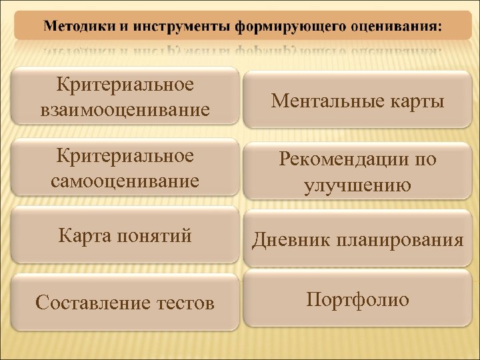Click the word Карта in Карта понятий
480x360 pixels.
click(x=83, y=235)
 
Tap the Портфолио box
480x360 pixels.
click(x=358, y=299)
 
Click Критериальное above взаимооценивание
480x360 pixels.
click(x=125, y=85)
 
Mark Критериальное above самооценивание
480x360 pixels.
click(x=125, y=156)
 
